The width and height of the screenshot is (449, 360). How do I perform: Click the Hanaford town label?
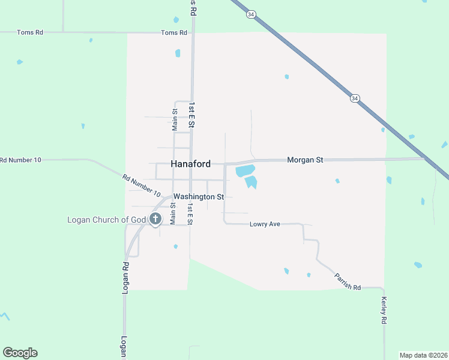(x=190, y=163)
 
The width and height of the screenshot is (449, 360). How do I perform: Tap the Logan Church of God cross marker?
(x=155, y=219)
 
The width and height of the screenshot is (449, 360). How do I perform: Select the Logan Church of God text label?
(x=107, y=220)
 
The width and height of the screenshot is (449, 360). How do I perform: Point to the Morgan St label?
(x=305, y=160)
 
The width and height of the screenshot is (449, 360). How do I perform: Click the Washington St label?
(x=198, y=196)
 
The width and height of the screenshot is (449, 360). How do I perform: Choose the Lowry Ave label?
(x=265, y=224)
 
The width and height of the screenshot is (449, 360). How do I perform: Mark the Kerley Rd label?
(x=383, y=310)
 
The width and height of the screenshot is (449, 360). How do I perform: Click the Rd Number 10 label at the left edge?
(x=20, y=160)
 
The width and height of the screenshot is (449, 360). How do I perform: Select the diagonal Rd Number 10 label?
(x=142, y=186)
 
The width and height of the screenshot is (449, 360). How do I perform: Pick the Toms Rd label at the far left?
(x=30, y=32)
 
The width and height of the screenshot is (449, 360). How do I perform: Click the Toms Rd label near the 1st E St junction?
(x=174, y=33)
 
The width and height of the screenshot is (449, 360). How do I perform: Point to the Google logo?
(x=20, y=353)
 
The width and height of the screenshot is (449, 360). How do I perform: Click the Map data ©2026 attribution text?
(x=423, y=355)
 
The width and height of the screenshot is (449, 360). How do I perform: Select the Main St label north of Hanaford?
(x=175, y=119)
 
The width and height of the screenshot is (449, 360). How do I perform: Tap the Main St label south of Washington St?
(x=172, y=214)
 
